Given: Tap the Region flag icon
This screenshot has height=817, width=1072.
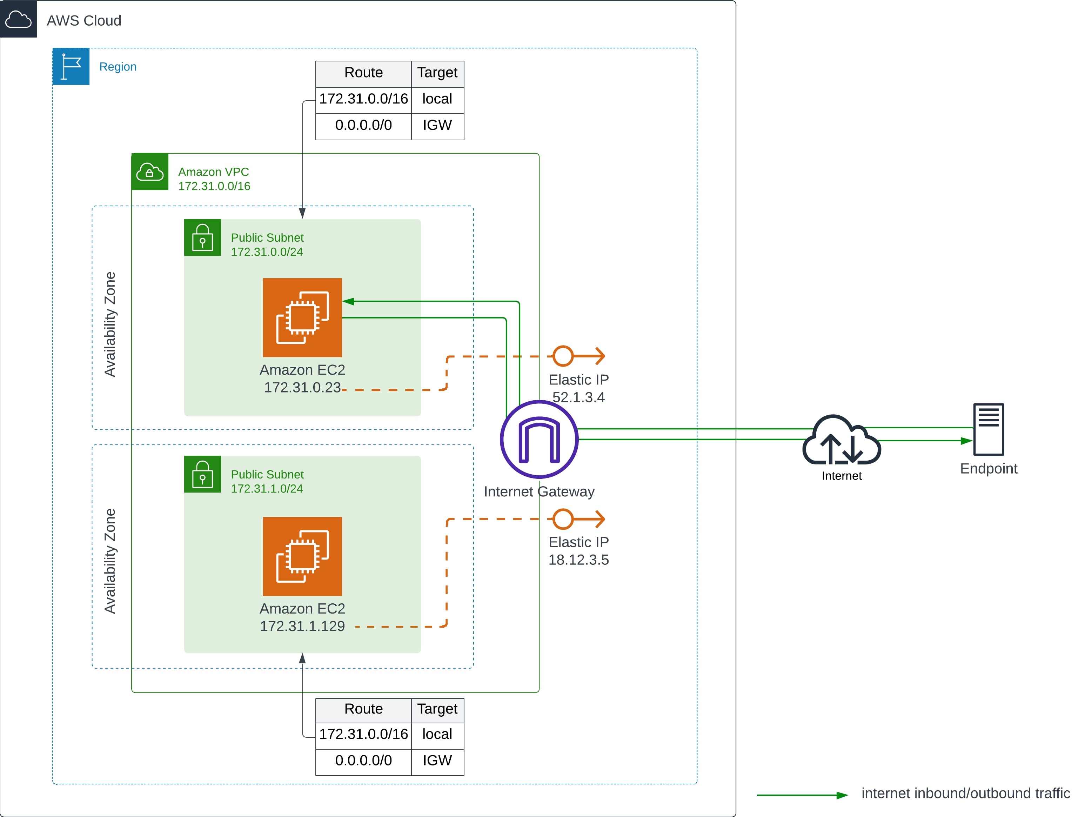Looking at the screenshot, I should click(71, 66).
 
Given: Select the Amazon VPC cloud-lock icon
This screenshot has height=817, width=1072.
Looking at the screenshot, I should click(150, 172).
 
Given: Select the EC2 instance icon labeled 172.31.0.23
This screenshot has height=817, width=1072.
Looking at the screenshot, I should click(302, 317).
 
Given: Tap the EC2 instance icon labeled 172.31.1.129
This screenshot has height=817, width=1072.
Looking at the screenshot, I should click(302, 556).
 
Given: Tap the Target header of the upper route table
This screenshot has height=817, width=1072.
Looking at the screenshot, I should click(437, 73).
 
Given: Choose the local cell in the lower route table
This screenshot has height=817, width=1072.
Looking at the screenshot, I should click(437, 734).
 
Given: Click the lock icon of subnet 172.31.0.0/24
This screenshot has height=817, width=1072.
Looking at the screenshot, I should click(202, 237).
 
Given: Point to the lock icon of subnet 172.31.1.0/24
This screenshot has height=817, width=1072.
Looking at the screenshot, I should click(202, 474).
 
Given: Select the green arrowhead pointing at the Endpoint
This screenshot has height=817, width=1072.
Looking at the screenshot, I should click(966, 441).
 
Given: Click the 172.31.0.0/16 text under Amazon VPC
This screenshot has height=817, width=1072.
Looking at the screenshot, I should click(214, 186).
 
